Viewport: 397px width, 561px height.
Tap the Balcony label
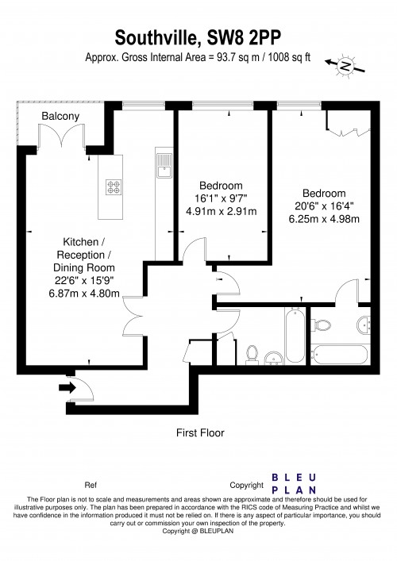61,117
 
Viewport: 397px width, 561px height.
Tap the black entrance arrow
66,387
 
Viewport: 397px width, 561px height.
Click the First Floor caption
199,433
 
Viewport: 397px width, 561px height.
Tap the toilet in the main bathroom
252,353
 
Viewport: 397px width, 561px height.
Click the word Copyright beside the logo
246,485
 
